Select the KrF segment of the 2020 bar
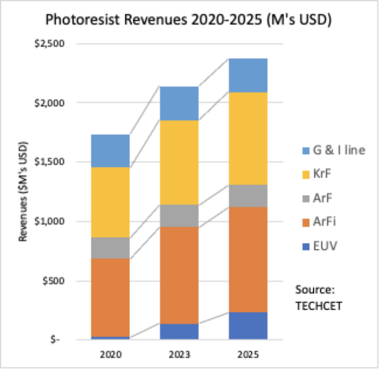pyautogui.click(x=110, y=202)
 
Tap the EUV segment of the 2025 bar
pyautogui.click(x=248, y=326)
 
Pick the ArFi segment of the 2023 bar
pyautogui.click(x=179, y=275)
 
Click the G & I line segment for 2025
pyautogui.click(x=248, y=75)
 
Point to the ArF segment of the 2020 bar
pyautogui.click(x=110, y=248)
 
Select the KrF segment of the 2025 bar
pyautogui.click(x=248, y=139)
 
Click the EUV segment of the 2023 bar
pyautogui.click(x=179, y=332)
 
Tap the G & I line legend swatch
pyautogui.click(x=306, y=151)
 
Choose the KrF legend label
pyautogui.click(x=322, y=174)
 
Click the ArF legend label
pyautogui.click(x=322, y=198)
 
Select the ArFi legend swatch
pyautogui.click(x=306, y=222)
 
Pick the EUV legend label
pyautogui.click(x=325, y=246)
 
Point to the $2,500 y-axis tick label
pyautogui.click(x=50, y=43)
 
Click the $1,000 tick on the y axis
pyautogui.click(x=50, y=221)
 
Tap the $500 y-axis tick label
pyautogui.click(x=53, y=281)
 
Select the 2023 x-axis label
pyautogui.click(x=179, y=355)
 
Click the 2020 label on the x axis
pyautogui.click(x=111, y=355)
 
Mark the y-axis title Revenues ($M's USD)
pyautogui.click(x=23, y=191)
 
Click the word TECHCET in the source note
pyautogui.click(x=319, y=306)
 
